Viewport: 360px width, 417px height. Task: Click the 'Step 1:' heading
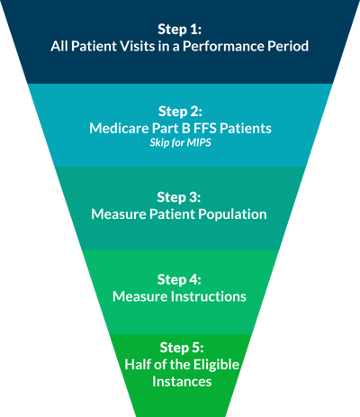[180, 30]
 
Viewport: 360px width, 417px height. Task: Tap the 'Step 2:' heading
[180, 112]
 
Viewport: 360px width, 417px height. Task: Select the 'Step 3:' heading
[179, 197]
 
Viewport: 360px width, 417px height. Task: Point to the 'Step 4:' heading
[179, 279]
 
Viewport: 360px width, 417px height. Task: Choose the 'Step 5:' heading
[182, 348]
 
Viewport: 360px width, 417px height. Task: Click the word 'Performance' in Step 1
[223, 46]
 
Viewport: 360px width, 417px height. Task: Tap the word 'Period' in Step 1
[288, 46]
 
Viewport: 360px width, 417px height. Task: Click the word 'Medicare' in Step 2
[119, 128]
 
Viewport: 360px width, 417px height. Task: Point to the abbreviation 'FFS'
[205, 128]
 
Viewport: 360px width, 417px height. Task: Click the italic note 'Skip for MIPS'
[180, 142]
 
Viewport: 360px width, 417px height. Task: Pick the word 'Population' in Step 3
[232, 214]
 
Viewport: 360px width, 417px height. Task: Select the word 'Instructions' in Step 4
[209, 296]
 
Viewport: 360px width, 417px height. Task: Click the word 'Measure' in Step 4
[140, 296]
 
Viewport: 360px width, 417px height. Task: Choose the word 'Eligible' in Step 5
[216, 365]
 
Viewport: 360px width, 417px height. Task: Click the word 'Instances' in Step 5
[182, 382]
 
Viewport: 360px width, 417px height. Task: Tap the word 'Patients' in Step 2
[246, 128]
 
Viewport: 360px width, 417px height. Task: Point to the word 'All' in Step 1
[59, 46]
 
